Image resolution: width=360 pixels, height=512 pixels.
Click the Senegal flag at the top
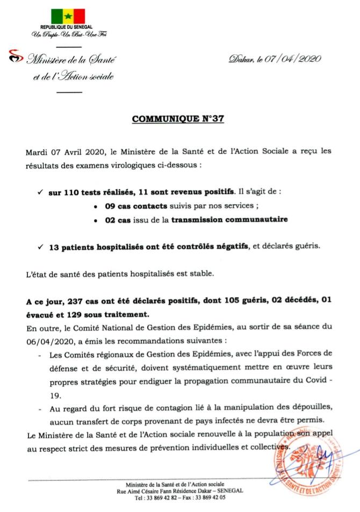click(x=68, y=16)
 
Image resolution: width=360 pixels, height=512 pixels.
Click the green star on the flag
click(x=68, y=16)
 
